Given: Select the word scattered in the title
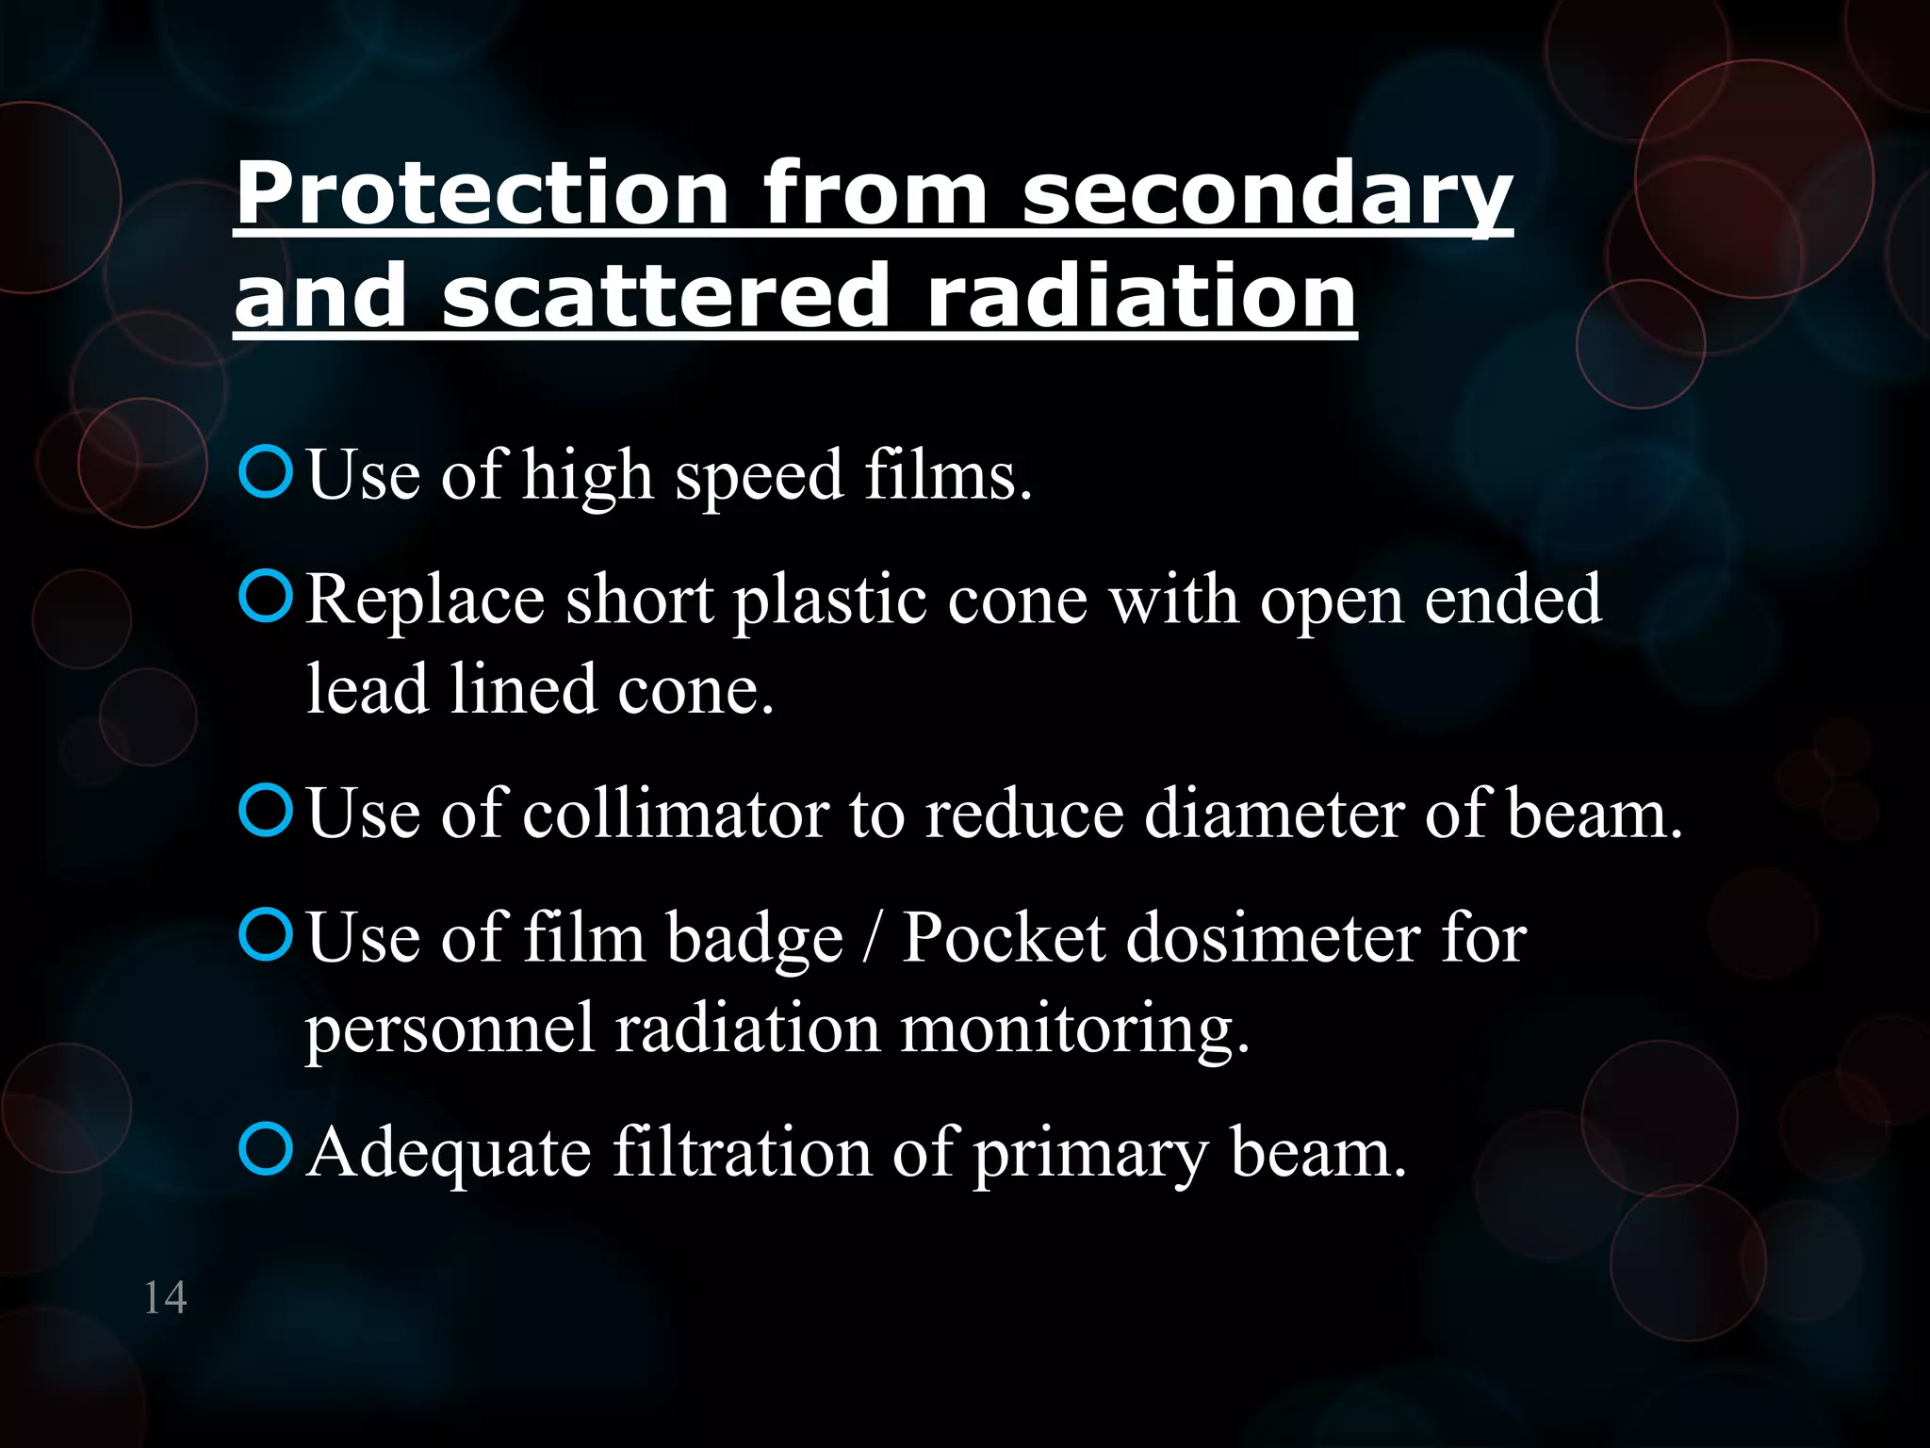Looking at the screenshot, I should pos(665,296).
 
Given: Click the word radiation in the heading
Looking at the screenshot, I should pos(1141,296).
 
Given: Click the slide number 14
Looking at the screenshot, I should pos(165,1298).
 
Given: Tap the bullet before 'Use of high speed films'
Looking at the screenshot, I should pos(266,473).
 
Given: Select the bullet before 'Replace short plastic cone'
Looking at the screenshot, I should pos(266,598).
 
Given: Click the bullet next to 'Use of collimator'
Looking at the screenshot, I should pos(266,812).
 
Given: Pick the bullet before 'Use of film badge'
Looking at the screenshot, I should pos(266,936).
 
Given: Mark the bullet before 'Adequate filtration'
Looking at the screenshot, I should pos(266,1150).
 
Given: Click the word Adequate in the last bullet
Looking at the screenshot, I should pos(449,1153).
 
